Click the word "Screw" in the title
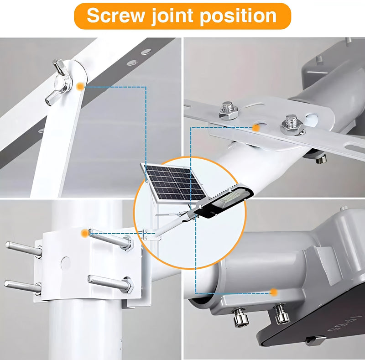click(x=115, y=16)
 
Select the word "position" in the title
click(x=238, y=16)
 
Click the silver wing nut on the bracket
click(x=60, y=82)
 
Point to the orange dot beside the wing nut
click(x=80, y=86)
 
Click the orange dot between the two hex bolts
click(x=256, y=128)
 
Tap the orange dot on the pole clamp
click(x=85, y=233)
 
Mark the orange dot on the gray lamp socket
click(x=274, y=292)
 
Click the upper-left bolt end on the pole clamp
click(x=24, y=249)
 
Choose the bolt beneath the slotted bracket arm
click(x=321, y=159)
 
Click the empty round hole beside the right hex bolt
click(x=311, y=119)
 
